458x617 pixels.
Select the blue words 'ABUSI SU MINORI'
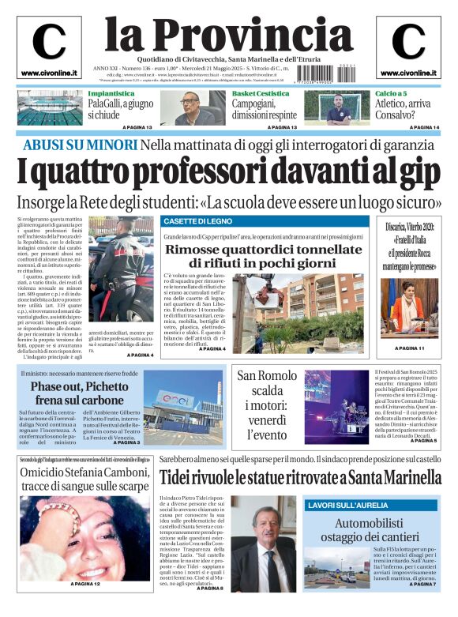point(79,145)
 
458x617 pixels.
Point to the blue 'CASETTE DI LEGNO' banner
point(198,221)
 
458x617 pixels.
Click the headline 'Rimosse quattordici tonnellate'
point(262,250)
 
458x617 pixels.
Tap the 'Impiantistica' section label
point(111,93)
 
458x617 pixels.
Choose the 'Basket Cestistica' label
point(261,93)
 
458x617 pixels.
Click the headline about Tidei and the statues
point(300,478)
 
